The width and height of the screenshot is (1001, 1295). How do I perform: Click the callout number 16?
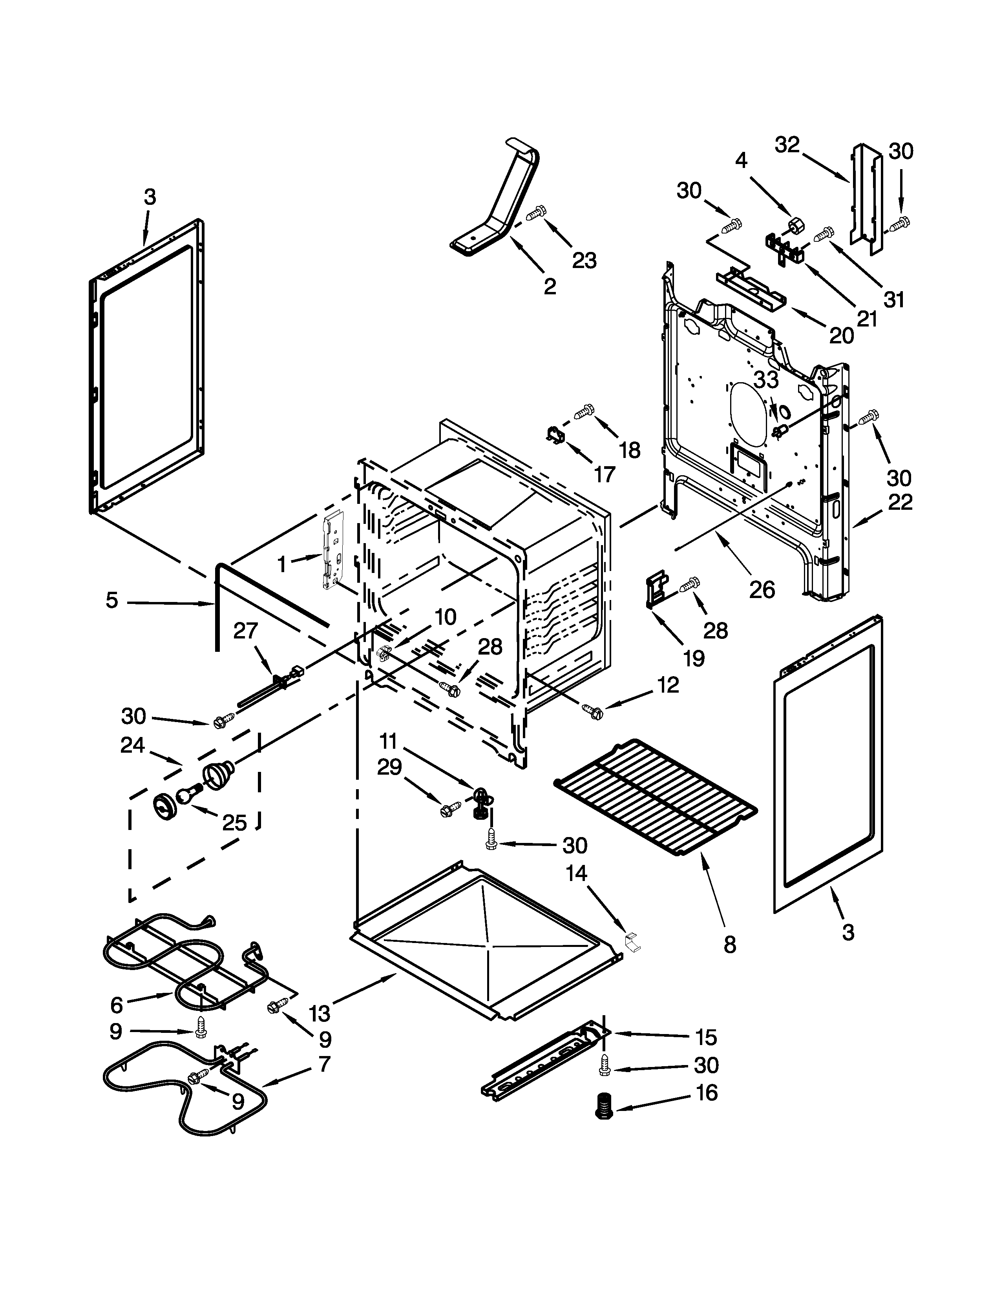point(706,1092)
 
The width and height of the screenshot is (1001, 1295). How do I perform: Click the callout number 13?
point(320,1013)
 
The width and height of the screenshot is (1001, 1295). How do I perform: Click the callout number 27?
point(245,630)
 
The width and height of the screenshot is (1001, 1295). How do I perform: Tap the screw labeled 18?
point(584,410)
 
